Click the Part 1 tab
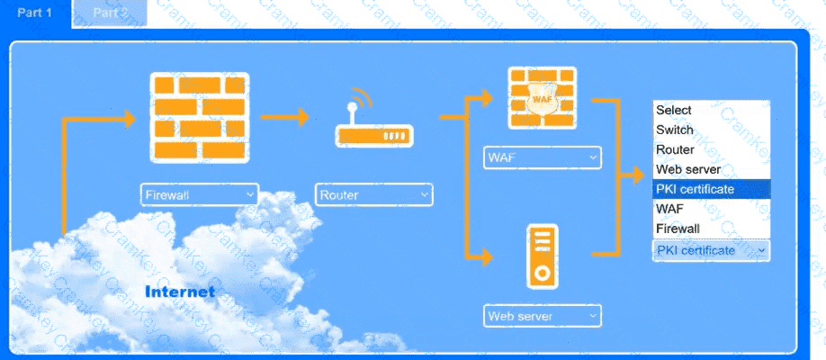34,13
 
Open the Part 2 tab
110,13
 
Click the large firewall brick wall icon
198,118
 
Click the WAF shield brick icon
542,98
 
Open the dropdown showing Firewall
200,194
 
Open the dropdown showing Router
373,194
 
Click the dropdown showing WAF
542,157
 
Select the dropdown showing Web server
542,316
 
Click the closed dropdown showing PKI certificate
711,250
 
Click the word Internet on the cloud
180,292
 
